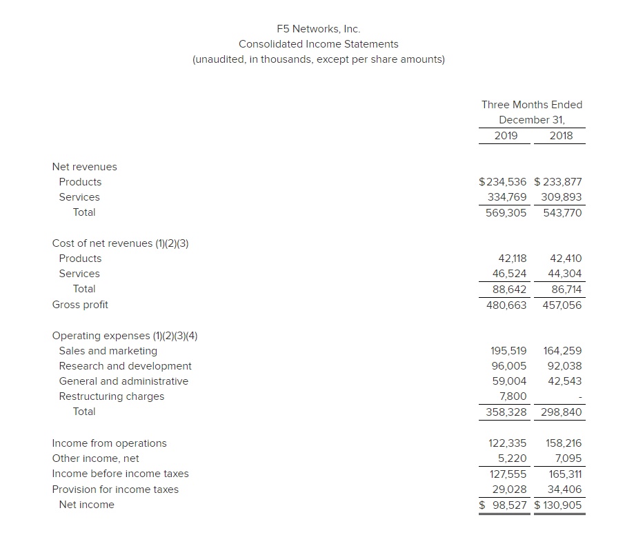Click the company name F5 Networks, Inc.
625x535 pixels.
pyautogui.click(x=318, y=29)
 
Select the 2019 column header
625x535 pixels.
pyautogui.click(x=506, y=135)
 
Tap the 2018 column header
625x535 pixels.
pyautogui.click(x=561, y=135)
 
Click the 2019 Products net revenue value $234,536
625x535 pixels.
pyautogui.click(x=502, y=182)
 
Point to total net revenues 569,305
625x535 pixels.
pyautogui.click(x=506, y=212)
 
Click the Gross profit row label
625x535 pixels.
pyautogui.click(x=80, y=304)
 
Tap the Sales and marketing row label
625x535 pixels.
pyautogui.click(x=108, y=351)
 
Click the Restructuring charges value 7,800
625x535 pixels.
pyautogui.click(x=512, y=396)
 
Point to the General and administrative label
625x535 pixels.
pyautogui.click(x=123, y=381)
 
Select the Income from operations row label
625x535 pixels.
pyautogui.click(x=109, y=443)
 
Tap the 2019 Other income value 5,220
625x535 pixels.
pyautogui.click(x=512, y=458)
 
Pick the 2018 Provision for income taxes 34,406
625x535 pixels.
pyautogui.click(x=564, y=489)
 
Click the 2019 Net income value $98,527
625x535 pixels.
pyautogui.click(x=503, y=505)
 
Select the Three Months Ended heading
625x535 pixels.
pyautogui.click(x=531, y=105)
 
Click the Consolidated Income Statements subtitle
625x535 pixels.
pyautogui.click(x=318, y=44)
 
